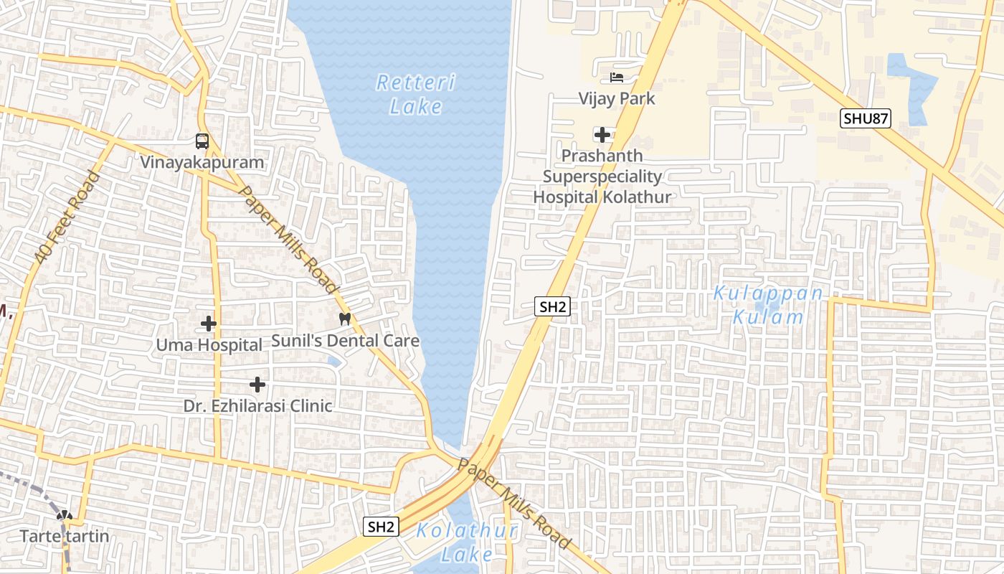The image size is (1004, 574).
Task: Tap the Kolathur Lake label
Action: pos(467,542)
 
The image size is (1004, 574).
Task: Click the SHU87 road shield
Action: pos(866,118)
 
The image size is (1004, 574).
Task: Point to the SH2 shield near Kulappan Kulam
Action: pos(552,307)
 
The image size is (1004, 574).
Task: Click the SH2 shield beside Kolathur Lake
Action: pos(381,527)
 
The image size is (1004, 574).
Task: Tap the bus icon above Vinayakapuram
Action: pos(202,141)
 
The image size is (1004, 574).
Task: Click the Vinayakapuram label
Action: pos(202,163)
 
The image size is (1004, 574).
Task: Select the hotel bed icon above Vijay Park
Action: pos(617,77)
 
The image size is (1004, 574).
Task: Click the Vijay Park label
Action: pos(617,98)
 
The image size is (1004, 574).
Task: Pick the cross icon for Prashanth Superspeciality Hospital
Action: pos(602,134)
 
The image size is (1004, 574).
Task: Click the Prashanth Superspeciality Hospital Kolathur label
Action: pos(602,177)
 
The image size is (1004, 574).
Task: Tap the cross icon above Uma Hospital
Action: pos(209,324)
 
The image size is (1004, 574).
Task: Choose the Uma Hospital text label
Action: pos(209,345)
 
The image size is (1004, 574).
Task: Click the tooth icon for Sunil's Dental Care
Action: pos(345,319)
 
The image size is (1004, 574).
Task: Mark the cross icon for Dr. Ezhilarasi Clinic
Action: pos(257,385)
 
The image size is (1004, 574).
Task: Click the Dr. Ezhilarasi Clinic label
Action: pos(257,406)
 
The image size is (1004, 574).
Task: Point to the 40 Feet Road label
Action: pos(67,216)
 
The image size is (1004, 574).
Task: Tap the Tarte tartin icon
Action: pos(65,515)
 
